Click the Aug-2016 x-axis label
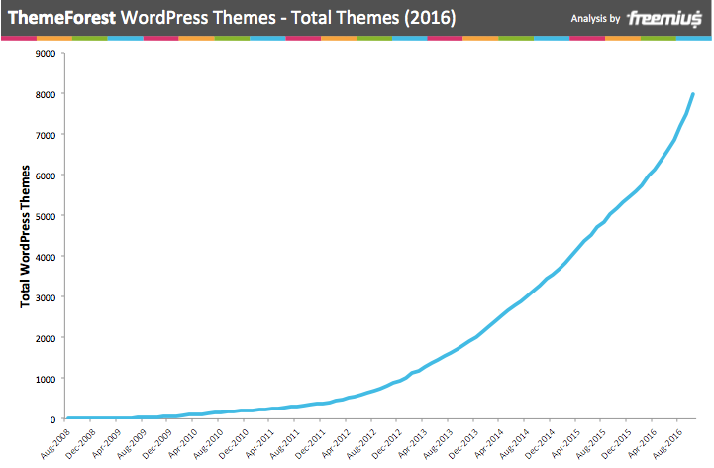[x=670, y=441]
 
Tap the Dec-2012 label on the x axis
[x=387, y=441]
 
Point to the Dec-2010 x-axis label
[x=233, y=441]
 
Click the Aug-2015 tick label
[x=593, y=441]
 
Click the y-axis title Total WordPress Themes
[x=27, y=236]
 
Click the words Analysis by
[x=595, y=19]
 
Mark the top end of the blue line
[x=692, y=94]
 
